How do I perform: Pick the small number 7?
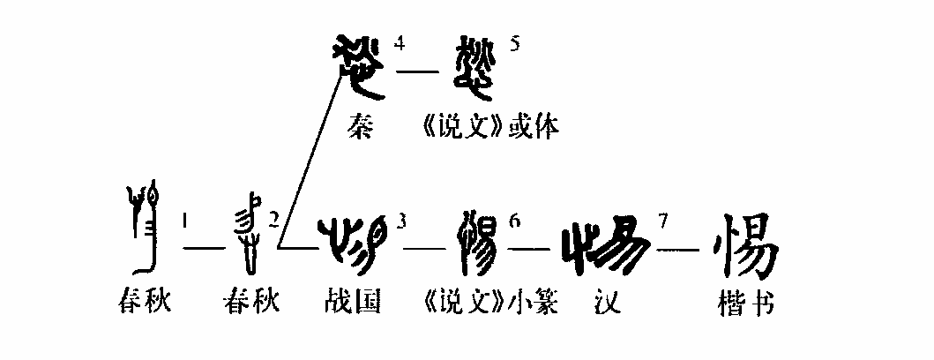pos(660,220)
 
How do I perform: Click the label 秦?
pos(362,129)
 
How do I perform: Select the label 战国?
pos(353,303)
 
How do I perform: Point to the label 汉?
pos(604,303)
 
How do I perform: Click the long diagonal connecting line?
pos(309,159)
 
